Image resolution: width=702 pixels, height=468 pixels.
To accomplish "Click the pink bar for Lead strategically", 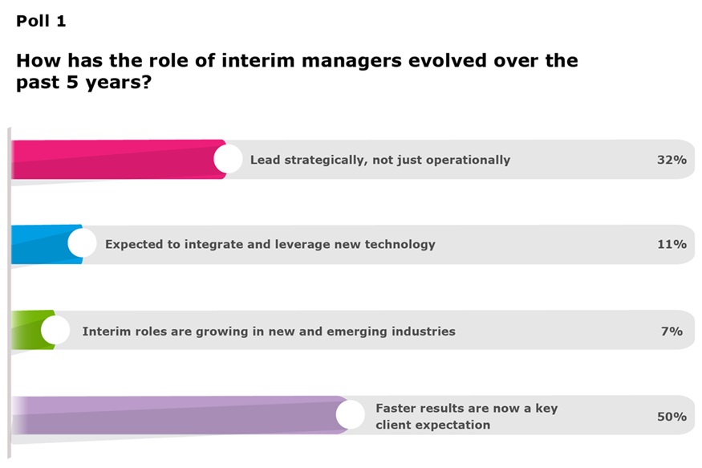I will (x=112, y=159).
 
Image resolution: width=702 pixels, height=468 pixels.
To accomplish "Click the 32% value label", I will (x=672, y=160).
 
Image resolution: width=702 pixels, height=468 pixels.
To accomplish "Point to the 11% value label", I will (x=672, y=244).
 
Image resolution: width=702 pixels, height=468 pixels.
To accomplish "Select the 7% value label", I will (x=672, y=331).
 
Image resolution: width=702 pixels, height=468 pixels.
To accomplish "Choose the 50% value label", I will (x=672, y=417).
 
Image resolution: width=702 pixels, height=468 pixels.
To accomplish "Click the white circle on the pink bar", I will (x=228, y=159).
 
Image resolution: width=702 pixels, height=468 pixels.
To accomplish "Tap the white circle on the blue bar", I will (x=82, y=243).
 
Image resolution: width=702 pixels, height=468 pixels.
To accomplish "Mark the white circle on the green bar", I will (x=55, y=330).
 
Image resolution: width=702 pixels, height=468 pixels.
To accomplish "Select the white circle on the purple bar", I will (x=351, y=415).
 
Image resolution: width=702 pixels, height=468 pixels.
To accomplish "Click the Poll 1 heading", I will (x=41, y=22).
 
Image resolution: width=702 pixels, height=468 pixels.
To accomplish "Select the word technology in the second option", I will (x=397, y=244).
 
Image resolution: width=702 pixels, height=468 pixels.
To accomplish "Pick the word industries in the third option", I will (x=420, y=331).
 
